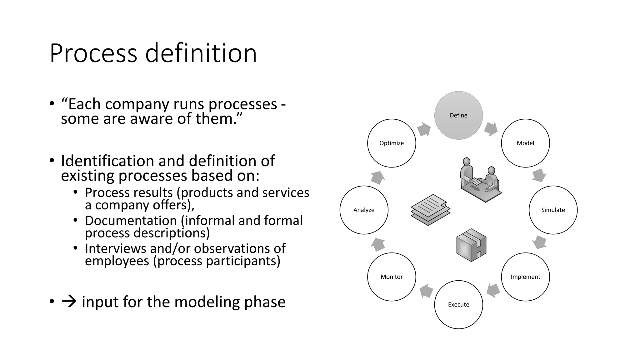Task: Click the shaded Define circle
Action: tap(458, 115)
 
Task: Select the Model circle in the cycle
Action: tap(525, 143)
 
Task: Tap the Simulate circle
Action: tap(553, 210)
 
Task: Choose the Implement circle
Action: tap(525, 277)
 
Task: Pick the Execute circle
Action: tap(458, 304)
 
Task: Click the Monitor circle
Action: tap(392, 277)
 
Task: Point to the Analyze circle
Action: tap(364, 210)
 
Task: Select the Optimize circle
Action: tap(392, 143)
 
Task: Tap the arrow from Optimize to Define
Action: tap(424, 129)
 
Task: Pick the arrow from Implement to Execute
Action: tap(493, 290)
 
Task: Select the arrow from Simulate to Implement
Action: tap(539, 242)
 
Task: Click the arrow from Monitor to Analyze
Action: tap(378, 244)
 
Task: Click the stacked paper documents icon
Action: tap(430, 210)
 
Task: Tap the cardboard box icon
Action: tap(471, 245)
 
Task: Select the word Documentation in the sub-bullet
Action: tap(131, 221)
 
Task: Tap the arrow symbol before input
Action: tap(69, 302)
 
